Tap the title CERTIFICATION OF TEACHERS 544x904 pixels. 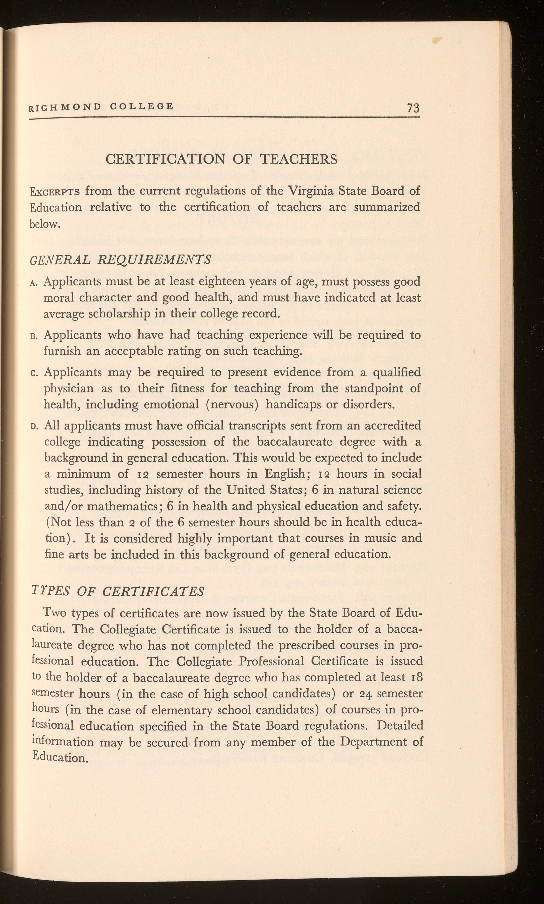[221, 159]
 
